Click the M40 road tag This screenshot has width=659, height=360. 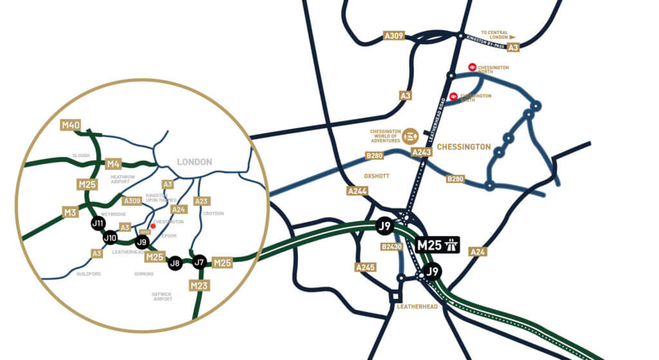coord(70,125)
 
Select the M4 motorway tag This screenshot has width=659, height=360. coord(113,164)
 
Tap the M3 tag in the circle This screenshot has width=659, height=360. coord(70,212)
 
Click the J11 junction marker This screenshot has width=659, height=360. coord(98,224)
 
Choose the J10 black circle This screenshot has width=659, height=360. coord(111,238)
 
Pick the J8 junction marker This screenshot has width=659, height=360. coord(174,263)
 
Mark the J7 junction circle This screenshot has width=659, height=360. coord(200,261)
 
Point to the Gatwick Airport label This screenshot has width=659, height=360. coord(163,296)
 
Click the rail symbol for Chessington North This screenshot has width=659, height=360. coord(472,67)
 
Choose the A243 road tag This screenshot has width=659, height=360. coord(421,152)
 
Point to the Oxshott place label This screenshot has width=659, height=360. coord(374,174)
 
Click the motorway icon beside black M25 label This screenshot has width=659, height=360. coord(452,245)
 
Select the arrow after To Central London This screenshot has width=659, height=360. coord(513,37)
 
